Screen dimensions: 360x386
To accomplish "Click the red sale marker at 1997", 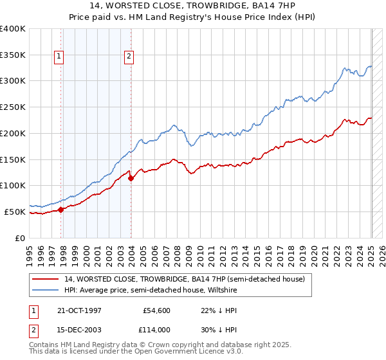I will point(61,209).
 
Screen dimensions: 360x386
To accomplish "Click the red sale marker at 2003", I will point(131,178).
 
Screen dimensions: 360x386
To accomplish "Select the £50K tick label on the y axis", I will point(15,212).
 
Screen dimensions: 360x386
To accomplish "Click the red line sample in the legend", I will point(46,279).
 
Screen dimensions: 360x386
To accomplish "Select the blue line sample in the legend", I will point(46,290).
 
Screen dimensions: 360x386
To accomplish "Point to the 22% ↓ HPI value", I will point(209,310).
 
